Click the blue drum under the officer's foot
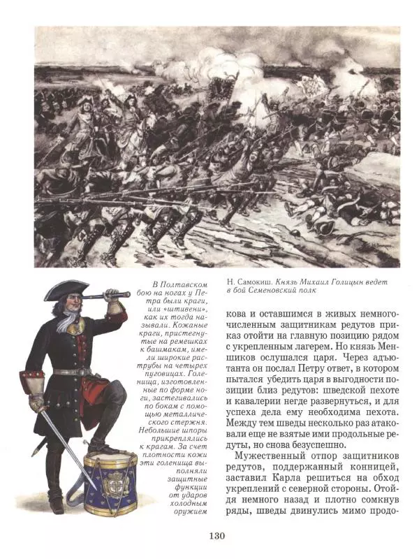110,483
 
